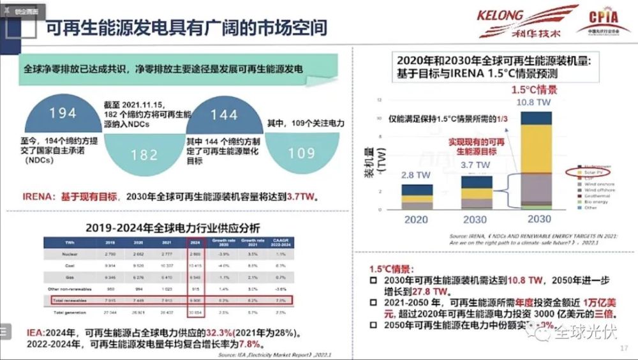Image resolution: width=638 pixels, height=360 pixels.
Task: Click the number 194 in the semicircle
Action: (63, 114)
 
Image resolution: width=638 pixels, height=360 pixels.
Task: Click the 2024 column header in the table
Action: (197, 243)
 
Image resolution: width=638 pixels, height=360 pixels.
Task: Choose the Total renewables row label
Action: (66, 299)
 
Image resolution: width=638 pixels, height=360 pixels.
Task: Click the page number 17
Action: (624, 349)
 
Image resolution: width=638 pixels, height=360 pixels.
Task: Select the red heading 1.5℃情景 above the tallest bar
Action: (535, 89)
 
